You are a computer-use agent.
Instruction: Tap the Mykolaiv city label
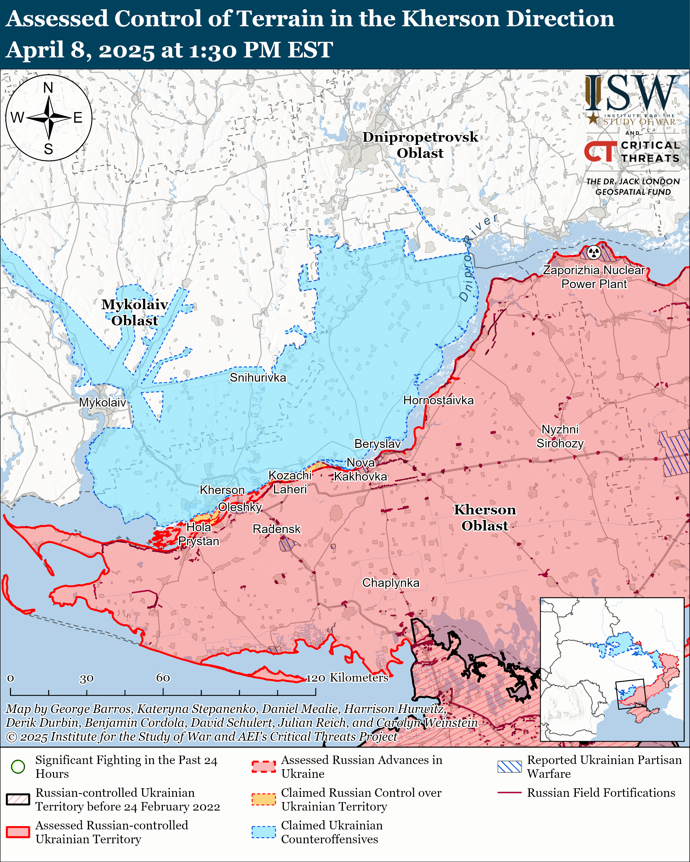tap(102, 402)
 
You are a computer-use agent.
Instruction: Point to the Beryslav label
tap(377, 444)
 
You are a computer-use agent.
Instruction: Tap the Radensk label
tap(276, 529)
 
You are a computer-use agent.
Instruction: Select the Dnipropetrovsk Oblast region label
tap(420, 145)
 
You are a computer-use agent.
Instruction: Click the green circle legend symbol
tap(18, 766)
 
